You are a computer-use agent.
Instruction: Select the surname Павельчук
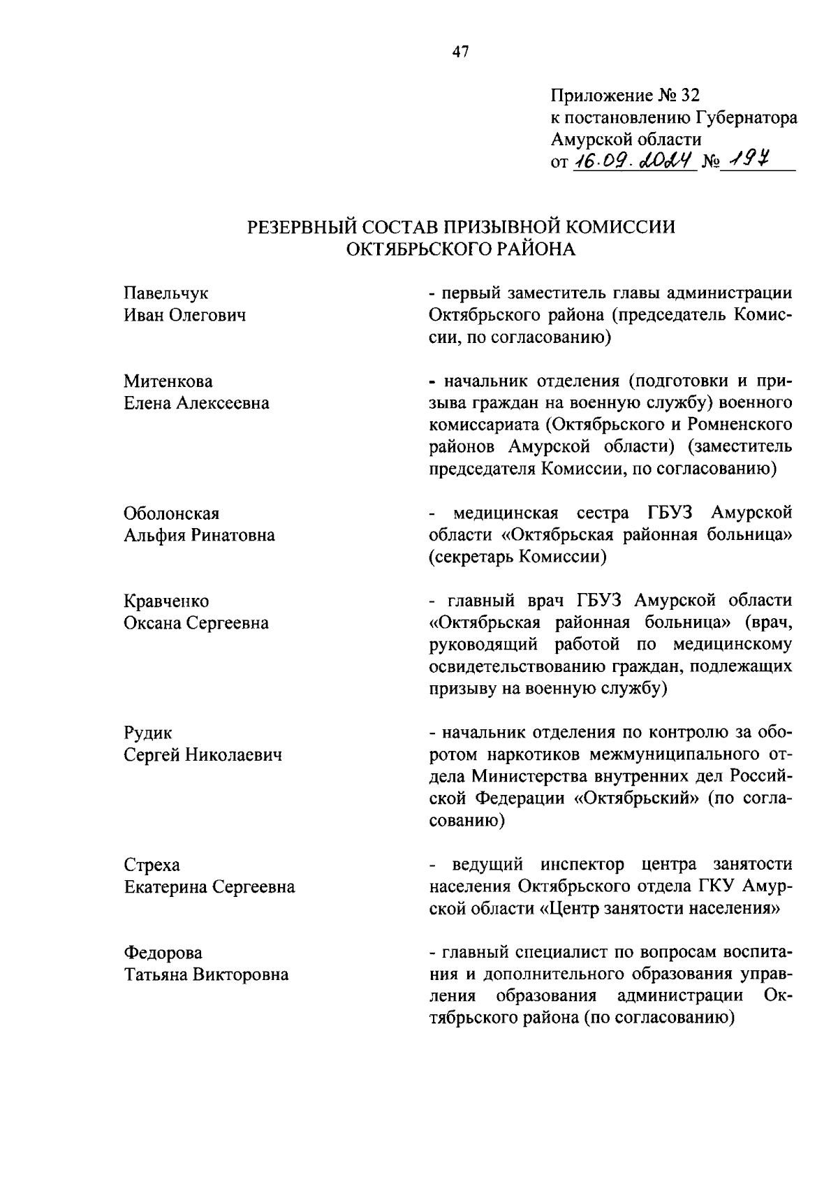(166, 293)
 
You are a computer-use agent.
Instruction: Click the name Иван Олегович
(185, 315)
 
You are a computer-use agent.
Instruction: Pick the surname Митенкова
(168, 381)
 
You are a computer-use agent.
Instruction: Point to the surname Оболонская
(171, 513)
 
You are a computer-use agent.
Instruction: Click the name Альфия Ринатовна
(199, 535)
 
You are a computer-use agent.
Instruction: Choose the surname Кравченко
(166, 601)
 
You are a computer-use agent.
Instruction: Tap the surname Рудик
(147, 733)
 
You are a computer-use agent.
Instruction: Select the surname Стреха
(152, 865)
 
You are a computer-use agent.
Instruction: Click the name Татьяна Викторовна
(206, 974)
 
